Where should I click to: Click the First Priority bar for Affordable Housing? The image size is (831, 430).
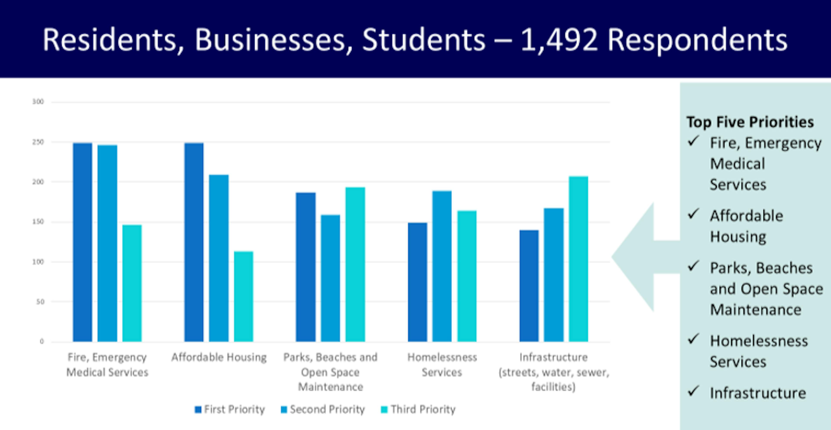tap(194, 242)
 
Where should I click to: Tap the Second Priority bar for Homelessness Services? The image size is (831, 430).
tap(442, 266)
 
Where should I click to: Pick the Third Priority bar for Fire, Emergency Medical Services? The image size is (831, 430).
tap(132, 283)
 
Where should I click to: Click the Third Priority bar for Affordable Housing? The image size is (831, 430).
tap(243, 296)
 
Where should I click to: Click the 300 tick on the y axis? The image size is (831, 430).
tap(38, 102)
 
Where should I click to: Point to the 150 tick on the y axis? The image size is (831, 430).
tap(38, 222)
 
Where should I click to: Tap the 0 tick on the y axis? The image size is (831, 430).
tap(42, 341)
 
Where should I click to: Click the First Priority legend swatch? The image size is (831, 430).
tap(198, 410)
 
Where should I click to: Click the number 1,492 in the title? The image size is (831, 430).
tap(559, 40)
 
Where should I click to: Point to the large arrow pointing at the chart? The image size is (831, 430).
tap(642, 257)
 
